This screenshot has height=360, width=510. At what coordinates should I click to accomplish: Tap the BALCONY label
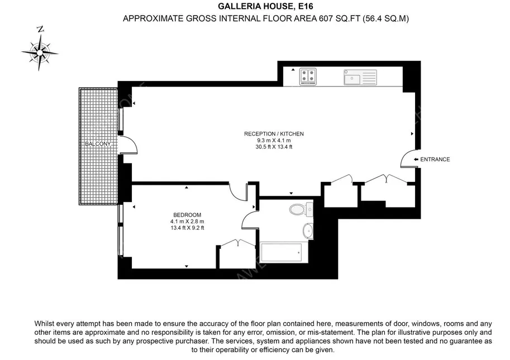coord(98,144)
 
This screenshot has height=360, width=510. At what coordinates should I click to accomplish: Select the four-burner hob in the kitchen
coord(308,76)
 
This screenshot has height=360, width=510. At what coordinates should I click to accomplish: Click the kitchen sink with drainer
coord(360,78)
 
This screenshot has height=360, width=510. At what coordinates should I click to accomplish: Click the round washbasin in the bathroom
coord(308,231)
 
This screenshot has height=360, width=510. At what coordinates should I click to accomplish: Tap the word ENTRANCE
coord(435,160)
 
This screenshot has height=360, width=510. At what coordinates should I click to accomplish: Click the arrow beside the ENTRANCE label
coord(416,160)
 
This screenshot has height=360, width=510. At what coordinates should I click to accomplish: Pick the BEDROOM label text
coord(187,215)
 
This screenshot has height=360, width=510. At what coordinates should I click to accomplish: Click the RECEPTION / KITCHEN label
coord(274,134)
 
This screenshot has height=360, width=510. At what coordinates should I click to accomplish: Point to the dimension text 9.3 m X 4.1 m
coord(274,140)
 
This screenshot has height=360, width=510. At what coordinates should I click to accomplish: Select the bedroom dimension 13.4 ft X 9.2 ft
coord(187,228)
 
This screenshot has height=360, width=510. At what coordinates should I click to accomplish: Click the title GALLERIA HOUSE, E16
coord(265,6)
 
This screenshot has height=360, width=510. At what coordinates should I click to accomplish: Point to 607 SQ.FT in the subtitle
coord(339,18)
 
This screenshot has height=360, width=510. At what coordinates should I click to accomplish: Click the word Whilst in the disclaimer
coord(44,324)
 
